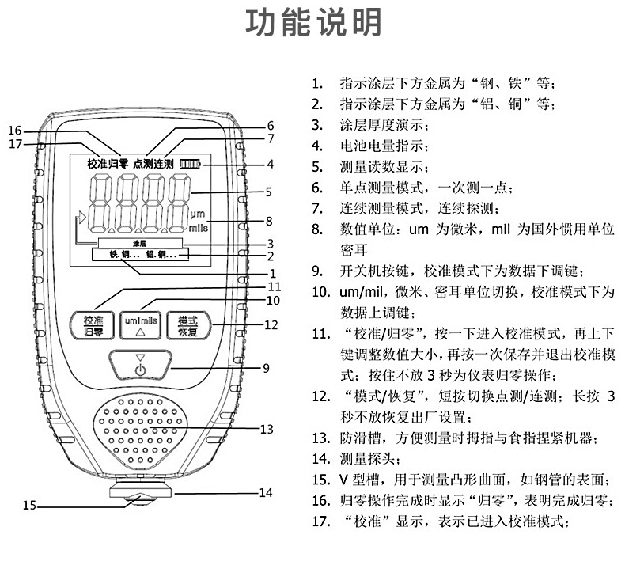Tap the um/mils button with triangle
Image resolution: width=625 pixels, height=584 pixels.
pyautogui.click(x=141, y=325)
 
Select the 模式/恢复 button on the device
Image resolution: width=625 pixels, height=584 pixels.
pyautogui.click(x=187, y=325)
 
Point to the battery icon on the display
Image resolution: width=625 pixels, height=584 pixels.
pyautogui.click(x=190, y=164)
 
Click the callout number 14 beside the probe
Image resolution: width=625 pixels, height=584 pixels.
pyautogui.click(x=266, y=492)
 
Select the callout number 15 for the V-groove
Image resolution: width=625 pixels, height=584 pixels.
pyautogui.click(x=29, y=505)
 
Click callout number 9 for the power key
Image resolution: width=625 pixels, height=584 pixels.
pyautogui.click(x=266, y=368)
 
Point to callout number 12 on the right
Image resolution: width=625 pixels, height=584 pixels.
pyautogui.click(x=271, y=324)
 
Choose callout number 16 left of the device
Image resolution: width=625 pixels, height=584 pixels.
pyautogui.click(x=15, y=130)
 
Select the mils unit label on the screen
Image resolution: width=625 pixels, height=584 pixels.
pyautogui.click(x=197, y=226)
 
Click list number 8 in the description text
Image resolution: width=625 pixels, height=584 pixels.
pyautogui.click(x=317, y=229)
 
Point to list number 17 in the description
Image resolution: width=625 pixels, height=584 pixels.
pyautogui.click(x=320, y=521)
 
